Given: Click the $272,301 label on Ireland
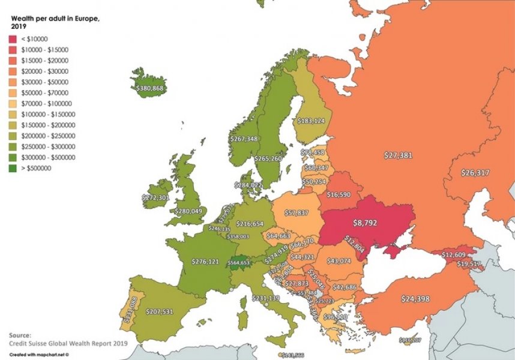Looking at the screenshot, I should pos(155,197).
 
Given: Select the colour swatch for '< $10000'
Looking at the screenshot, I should pos(13,38).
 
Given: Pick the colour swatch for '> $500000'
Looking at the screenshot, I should pos(13,169).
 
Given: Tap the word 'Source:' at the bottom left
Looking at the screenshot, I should pos(20,335).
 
